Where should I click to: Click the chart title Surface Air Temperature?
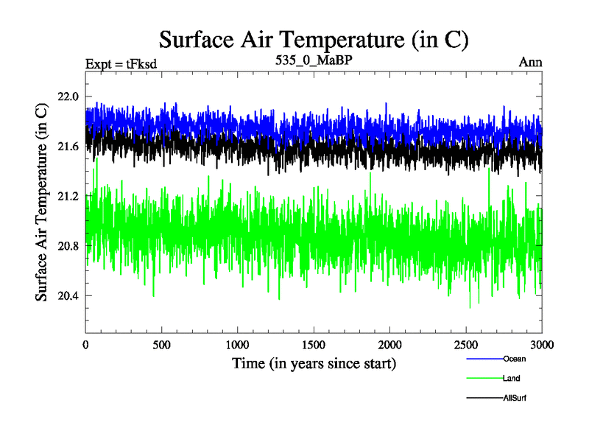[x=314, y=39]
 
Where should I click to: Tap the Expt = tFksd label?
[x=121, y=63]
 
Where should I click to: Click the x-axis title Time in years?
[x=314, y=363]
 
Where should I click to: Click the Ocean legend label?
[x=515, y=359]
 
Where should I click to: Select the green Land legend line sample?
[x=484, y=379]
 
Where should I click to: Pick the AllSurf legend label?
[x=516, y=398]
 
